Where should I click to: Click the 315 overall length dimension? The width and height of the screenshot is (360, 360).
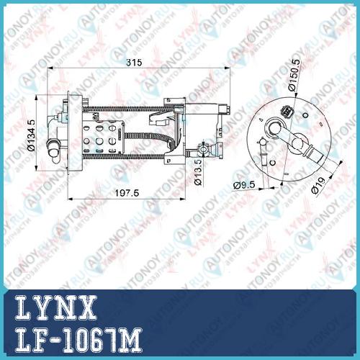tap(134, 63)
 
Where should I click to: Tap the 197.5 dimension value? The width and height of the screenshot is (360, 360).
tap(127, 193)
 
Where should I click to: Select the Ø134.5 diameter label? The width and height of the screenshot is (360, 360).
tap(31, 135)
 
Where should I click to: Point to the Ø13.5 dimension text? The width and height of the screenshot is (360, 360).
tap(198, 173)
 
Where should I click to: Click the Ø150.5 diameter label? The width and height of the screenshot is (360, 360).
tap(294, 75)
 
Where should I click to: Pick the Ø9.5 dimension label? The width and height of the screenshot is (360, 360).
tap(244, 185)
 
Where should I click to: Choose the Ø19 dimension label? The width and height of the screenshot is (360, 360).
tap(318, 186)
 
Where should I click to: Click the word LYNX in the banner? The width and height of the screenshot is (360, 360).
tap(55, 307)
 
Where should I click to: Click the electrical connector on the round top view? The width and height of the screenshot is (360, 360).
tap(287, 111)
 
